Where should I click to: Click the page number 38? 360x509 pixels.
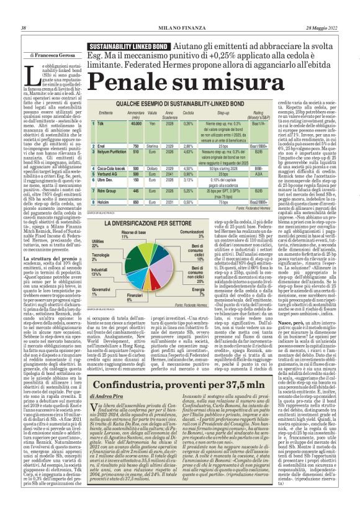[x=24, y=28]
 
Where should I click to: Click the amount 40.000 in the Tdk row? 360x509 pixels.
[x=136, y=124]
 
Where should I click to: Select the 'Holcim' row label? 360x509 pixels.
[x=104, y=202]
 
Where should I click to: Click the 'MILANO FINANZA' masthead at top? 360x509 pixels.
[x=179, y=28]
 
